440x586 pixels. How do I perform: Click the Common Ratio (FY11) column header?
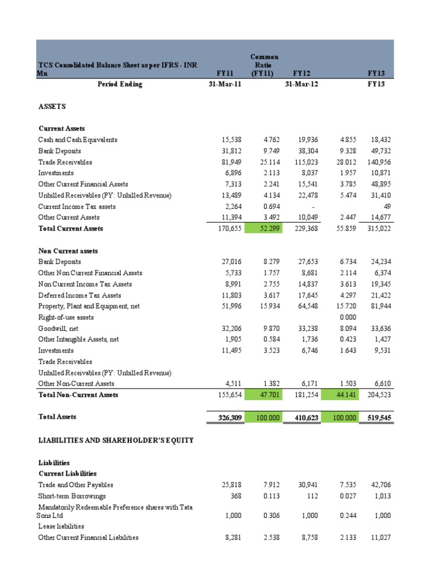(x=264, y=65)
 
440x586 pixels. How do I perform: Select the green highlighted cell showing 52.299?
(x=264, y=228)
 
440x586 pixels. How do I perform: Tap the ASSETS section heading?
(x=52, y=106)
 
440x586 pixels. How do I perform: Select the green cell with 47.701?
(x=264, y=395)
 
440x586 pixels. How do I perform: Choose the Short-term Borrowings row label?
(x=72, y=496)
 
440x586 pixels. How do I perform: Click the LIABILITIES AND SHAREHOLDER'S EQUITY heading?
(x=116, y=440)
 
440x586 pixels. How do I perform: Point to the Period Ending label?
(x=119, y=84)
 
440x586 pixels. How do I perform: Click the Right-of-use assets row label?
(x=66, y=317)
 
